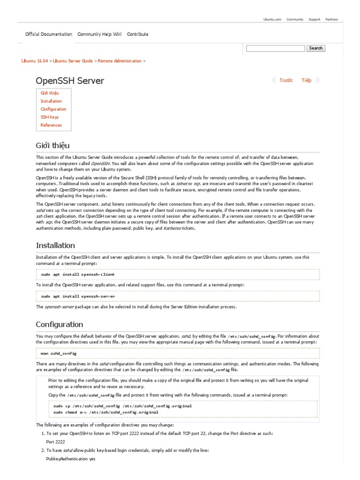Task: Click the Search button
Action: (x=315, y=48)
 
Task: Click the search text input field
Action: (x=275, y=48)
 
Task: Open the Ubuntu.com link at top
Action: (x=272, y=20)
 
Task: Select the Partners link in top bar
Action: (x=331, y=20)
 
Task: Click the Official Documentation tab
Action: (x=49, y=34)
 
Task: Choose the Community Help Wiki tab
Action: (x=99, y=34)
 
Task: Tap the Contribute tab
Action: (x=137, y=34)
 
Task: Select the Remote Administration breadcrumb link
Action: (x=120, y=61)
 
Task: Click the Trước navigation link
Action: (x=286, y=81)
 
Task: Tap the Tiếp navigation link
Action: (x=307, y=81)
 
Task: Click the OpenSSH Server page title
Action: (x=70, y=81)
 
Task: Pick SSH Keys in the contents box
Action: (x=50, y=117)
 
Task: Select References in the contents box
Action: (x=51, y=125)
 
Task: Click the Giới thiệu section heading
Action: (x=52, y=145)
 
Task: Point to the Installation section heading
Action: (x=55, y=245)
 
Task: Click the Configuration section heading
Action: (x=60, y=324)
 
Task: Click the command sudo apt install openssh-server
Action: (x=78, y=296)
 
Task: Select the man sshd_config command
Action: (x=59, y=353)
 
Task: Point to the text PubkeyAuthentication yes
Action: (x=71, y=459)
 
